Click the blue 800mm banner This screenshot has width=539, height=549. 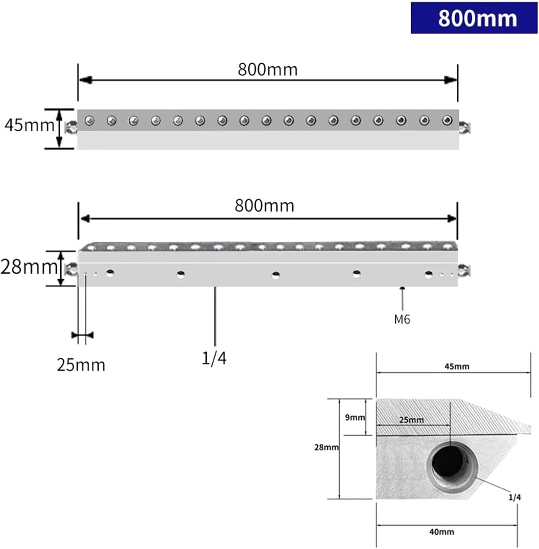click(x=474, y=18)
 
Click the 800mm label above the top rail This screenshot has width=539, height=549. click(x=267, y=70)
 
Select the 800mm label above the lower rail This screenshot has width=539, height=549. click(x=265, y=206)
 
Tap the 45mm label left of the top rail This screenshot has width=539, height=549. click(x=29, y=125)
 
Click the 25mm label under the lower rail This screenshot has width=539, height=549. click(x=81, y=365)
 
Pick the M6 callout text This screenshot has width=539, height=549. click(x=402, y=320)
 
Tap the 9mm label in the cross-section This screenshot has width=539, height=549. click(x=355, y=417)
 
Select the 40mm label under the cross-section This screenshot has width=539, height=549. click(x=442, y=531)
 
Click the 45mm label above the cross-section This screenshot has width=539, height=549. click(x=457, y=366)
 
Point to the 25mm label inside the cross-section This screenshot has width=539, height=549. click(x=412, y=419)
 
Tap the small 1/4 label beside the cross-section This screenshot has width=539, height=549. click(x=514, y=497)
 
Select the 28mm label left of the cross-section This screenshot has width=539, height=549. click(x=326, y=447)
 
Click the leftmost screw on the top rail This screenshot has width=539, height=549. click(x=89, y=120)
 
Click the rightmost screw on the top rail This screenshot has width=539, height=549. click(x=447, y=120)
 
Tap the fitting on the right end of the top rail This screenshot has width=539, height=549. click(x=465, y=128)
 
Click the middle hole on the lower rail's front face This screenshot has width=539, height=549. click(x=276, y=274)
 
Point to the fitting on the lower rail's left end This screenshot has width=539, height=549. click(x=71, y=270)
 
